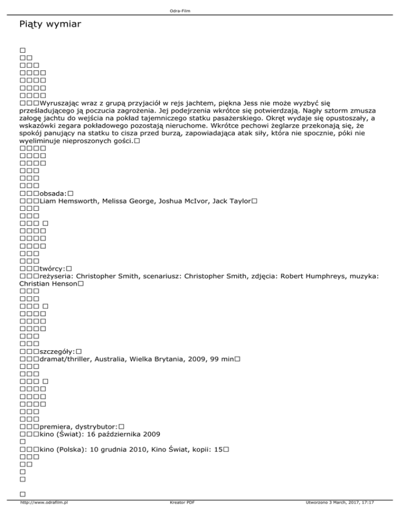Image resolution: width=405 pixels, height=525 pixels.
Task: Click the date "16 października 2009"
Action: click(119, 434)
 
